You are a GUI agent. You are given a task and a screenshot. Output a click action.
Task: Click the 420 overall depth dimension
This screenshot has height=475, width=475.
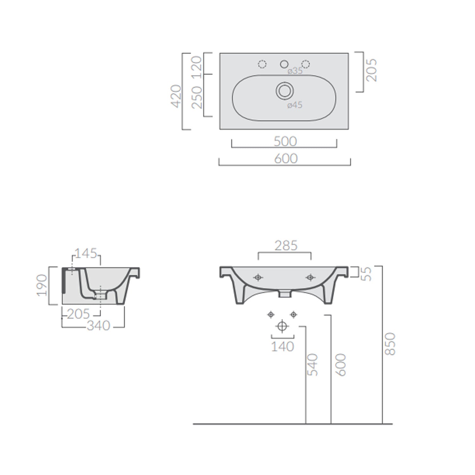(176, 96)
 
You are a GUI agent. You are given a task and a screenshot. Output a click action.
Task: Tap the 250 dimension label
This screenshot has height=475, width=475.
(196, 97)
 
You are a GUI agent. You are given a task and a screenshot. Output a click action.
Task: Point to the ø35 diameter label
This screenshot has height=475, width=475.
(295, 71)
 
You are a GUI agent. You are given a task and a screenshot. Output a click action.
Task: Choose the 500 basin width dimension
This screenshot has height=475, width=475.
(285, 142)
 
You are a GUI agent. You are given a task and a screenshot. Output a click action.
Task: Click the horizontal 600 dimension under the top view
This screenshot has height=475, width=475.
(286, 159)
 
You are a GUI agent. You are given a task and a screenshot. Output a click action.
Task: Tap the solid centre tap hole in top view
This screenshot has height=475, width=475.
(284, 64)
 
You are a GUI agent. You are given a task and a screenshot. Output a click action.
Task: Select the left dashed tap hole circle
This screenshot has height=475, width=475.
(262, 64)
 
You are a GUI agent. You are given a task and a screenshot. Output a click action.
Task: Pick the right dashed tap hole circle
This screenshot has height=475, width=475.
(305, 64)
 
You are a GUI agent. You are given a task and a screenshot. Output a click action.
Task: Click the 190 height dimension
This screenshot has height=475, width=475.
(42, 285)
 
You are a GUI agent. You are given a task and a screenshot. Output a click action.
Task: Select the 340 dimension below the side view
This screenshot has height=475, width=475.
(98, 326)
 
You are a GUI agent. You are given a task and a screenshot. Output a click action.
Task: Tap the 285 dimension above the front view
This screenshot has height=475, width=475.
(286, 246)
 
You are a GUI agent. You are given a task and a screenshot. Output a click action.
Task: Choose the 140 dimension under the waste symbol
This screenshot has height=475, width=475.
(282, 347)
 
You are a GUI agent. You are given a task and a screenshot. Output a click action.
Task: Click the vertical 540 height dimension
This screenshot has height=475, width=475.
(313, 365)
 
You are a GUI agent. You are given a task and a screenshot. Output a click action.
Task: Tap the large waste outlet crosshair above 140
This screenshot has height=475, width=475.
(282, 326)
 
